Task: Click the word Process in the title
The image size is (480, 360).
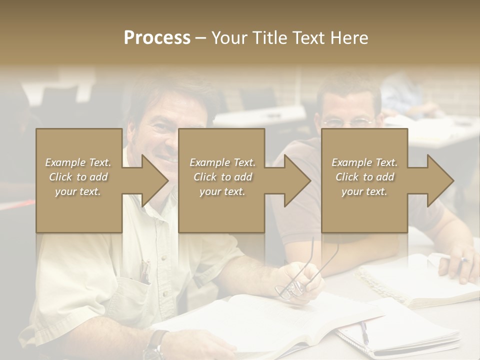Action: tap(157, 37)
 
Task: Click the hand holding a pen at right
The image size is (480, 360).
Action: tap(458, 265)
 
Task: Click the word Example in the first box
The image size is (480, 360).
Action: tap(65, 162)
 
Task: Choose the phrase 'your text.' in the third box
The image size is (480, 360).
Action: tap(364, 191)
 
